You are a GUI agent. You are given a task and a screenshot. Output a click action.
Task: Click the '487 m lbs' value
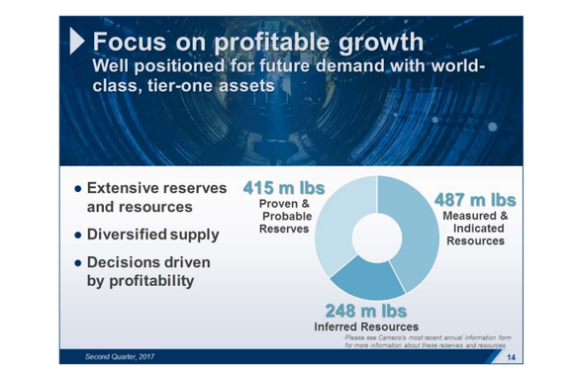coord(475,200)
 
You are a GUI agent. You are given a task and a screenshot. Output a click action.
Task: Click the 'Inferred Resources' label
coord(365,328)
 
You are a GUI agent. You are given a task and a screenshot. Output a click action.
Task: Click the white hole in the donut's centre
coord(376,237)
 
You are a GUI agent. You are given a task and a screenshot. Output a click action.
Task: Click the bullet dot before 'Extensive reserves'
coord(77,188)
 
